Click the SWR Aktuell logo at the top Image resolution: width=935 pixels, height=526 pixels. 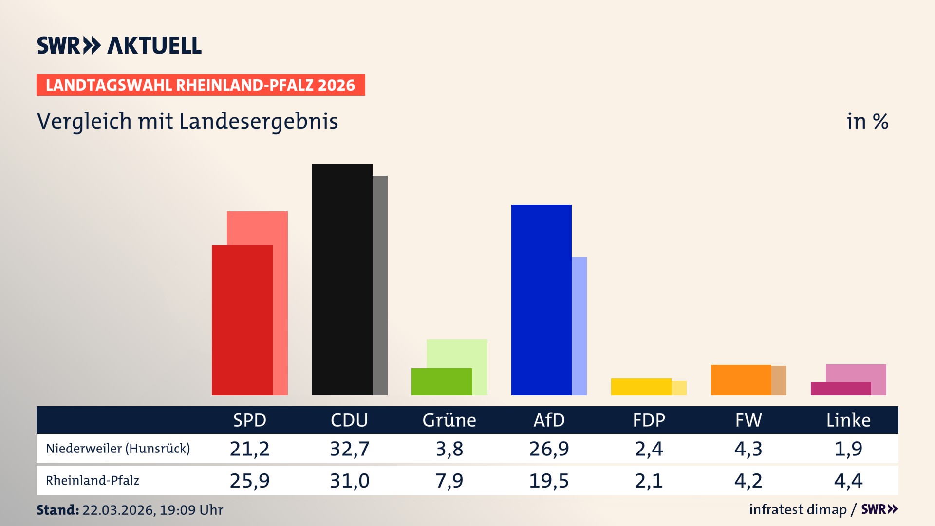(x=119, y=45)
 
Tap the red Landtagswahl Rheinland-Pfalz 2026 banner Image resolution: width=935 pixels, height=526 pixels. (x=201, y=85)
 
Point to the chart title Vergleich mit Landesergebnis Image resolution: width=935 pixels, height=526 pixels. (x=187, y=121)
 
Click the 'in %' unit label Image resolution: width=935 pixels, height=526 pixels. (x=867, y=121)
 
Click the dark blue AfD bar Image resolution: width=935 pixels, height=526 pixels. (x=541, y=300)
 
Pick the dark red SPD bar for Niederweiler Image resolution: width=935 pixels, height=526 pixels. (x=242, y=320)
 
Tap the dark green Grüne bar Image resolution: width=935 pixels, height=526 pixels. (x=442, y=381)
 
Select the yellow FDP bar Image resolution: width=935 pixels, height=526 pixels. (x=641, y=387)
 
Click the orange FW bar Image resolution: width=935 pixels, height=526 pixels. (x=741, y=380)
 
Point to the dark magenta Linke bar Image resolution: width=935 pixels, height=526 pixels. (x=841, y=389)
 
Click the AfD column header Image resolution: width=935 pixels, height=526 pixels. (x=549, y=420)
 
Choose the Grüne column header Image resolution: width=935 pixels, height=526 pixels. (x=449, y=420)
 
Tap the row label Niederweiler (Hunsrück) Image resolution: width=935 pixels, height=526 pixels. (x=118, y=449)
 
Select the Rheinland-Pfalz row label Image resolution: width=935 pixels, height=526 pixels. (x=93, y=481)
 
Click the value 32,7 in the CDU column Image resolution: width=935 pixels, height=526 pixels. (x=350, y=449)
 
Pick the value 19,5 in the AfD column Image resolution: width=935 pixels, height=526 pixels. (x=549, y=481)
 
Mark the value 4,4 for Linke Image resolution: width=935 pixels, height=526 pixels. (x=848, y=481)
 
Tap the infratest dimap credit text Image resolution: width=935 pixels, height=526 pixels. (x=798, y=509)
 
